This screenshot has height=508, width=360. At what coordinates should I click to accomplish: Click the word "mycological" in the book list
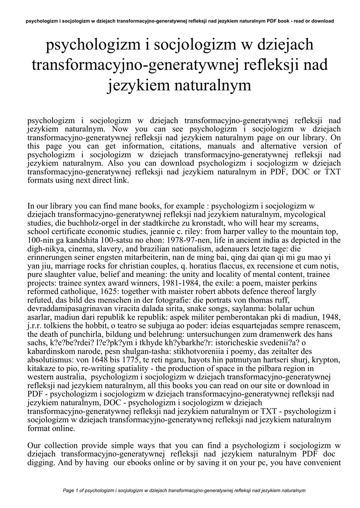304,214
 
